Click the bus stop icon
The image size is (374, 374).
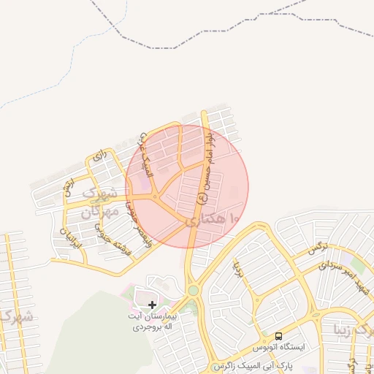(278, 336)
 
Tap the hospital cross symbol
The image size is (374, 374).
(152, 305)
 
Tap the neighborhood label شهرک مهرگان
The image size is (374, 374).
(99, 204)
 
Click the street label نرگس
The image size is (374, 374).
(318, 248)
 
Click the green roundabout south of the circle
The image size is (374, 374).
(193, 290)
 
